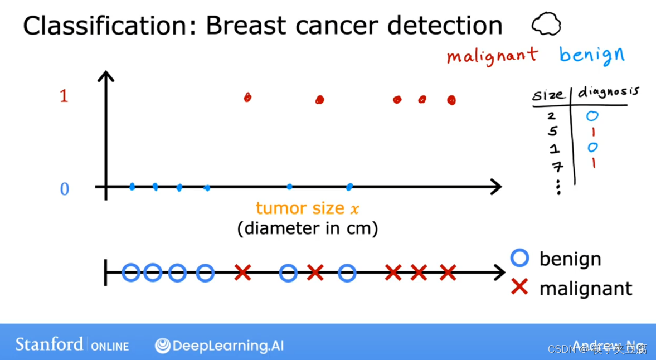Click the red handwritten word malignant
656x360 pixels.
point(492,55)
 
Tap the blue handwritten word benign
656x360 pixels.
point(591,55)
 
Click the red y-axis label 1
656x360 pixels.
point(64,96)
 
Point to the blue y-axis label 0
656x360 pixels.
point(64,189)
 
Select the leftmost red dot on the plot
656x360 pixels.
point(247,98)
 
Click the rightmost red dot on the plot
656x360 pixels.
point(451,100)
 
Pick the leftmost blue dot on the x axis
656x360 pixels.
point(132,187)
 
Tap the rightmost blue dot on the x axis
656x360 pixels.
point(349,187)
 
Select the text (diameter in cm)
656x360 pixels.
point(308,228)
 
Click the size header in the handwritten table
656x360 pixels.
point(548,95)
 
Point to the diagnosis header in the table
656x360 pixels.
point(608,93)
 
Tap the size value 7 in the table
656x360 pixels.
point(557,166)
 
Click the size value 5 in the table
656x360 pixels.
point(552,132)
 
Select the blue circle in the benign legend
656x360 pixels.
point(519,258)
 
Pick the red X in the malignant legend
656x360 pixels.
point(519,288)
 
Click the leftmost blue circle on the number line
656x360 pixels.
point(131,273)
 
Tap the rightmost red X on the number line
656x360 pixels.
point(448,273)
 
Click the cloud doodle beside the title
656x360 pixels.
point(546,25)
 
